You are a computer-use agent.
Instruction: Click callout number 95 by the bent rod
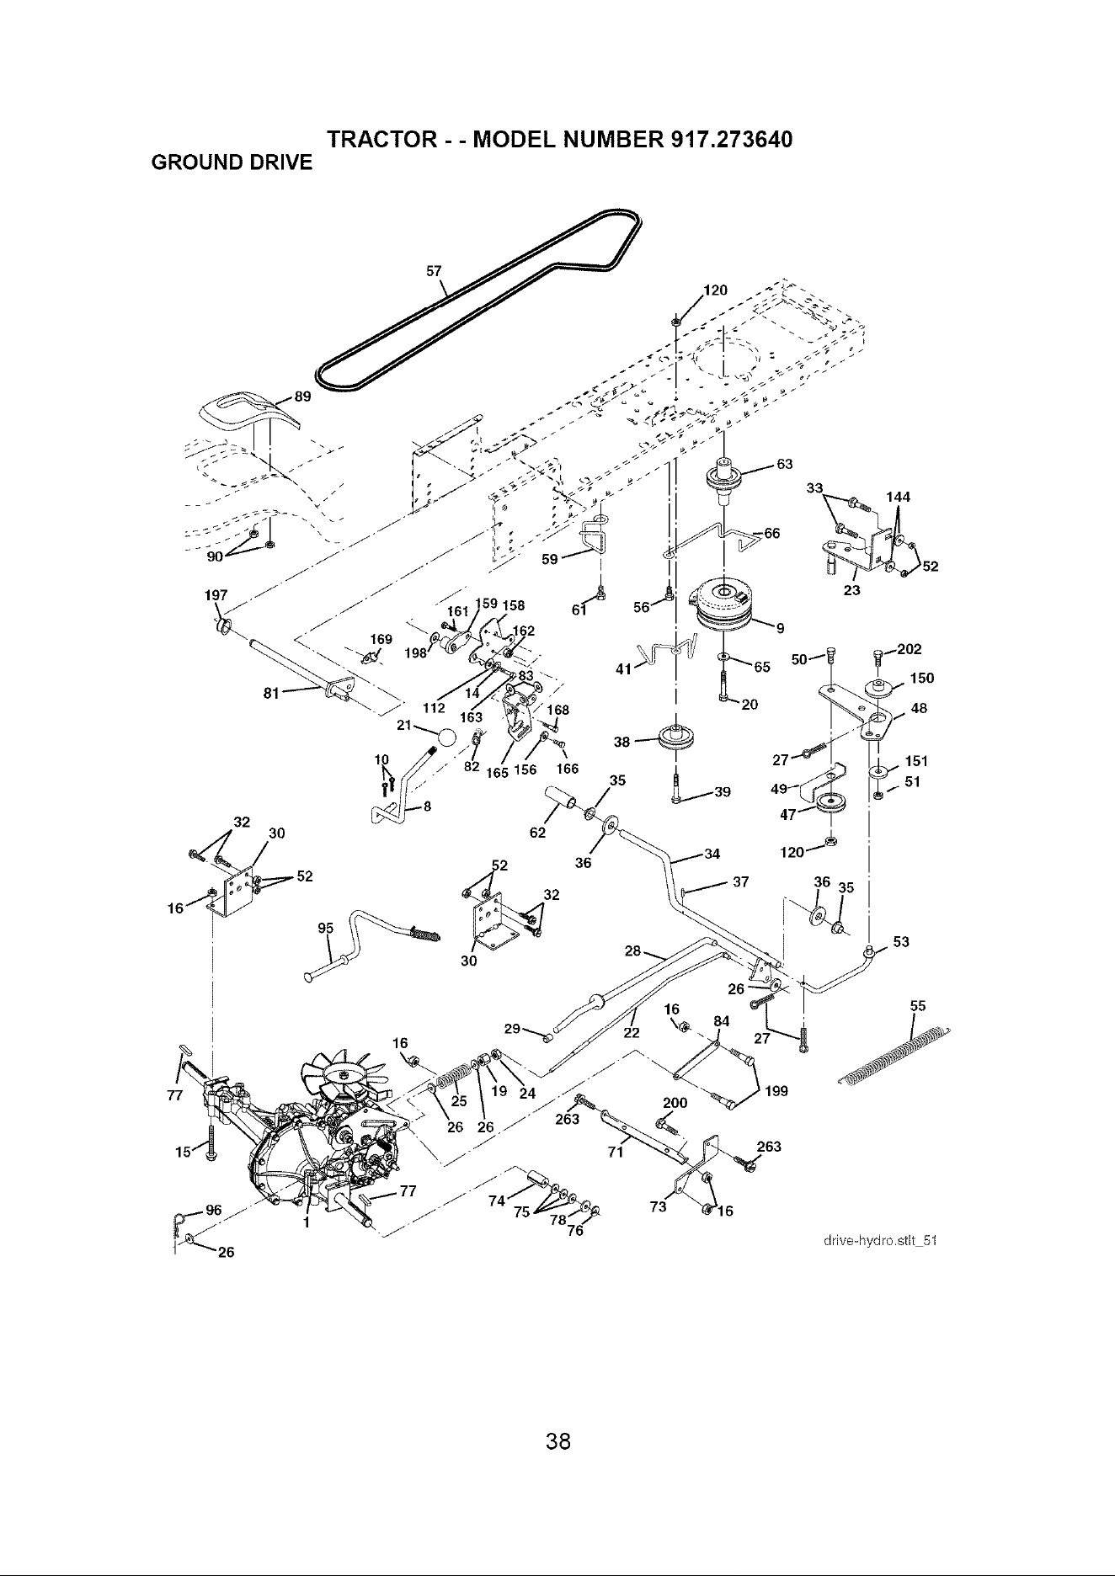tap(326, 928)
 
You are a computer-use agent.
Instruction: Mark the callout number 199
tap(777, 1092)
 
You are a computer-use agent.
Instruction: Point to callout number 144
tap(899, 497)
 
